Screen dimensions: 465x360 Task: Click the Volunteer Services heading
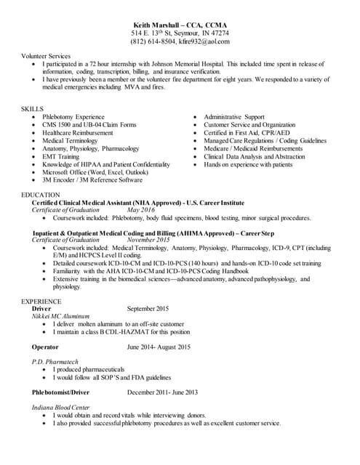[x=46, y=56]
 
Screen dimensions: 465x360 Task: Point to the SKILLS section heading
[x=33, y=108]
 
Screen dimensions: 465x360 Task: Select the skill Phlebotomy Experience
[x=73, y=116]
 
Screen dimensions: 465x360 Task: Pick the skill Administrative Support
[x=234, y=116]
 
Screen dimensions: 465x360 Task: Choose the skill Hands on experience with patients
[x=248, y=164]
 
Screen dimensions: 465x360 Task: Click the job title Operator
[x=45, y=347]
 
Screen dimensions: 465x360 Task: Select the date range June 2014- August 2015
[x=159, y=347]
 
